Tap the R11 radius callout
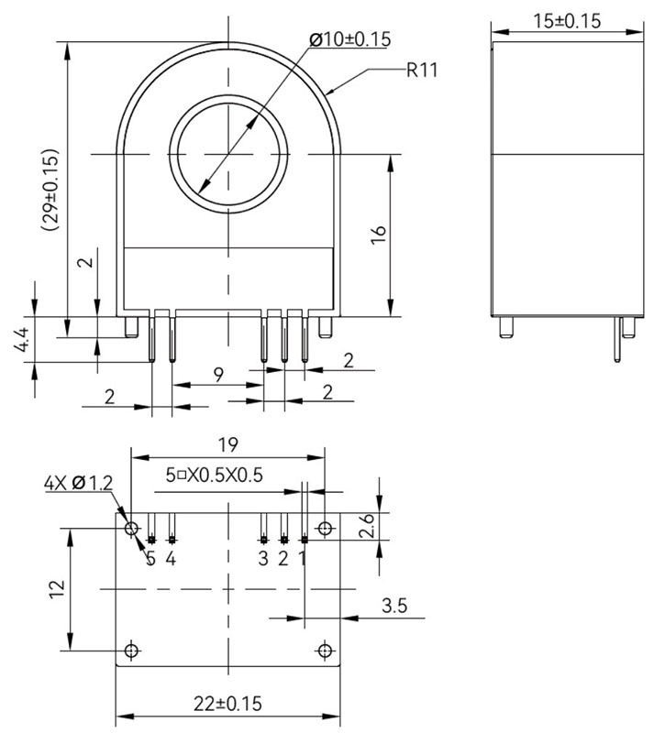click(419, 71)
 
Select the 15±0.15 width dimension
click(567, 20)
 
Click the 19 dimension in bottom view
click(227, 444)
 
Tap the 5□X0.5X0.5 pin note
click(215, 475)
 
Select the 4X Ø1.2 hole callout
click(78, 483)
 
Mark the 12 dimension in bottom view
click(55, 587)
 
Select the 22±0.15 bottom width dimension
click(227, 704)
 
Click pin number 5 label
click(150, 558)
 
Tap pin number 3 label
click(263, 558)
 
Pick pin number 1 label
click(304, 558)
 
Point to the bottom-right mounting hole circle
click(324, 651)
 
